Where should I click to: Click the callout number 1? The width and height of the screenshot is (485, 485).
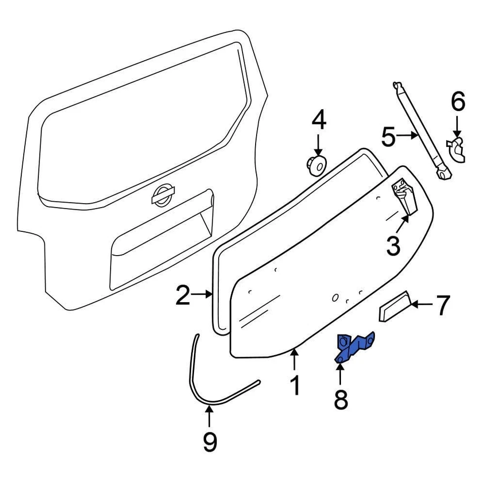[x=295, y=385]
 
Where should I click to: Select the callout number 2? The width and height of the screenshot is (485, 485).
[x=183, y=295]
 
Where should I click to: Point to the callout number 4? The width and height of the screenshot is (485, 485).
[x=318, y=121]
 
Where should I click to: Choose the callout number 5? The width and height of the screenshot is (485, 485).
[x=388, y=137]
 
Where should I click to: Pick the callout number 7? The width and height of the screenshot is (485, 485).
[x=442, y=306]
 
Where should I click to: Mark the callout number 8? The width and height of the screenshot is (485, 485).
[x=341, y=400]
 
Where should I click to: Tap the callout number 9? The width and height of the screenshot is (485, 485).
[x=210, y=442]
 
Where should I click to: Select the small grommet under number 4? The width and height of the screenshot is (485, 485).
[x=316, y=165]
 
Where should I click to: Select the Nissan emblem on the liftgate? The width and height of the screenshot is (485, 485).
[x=163, y=196]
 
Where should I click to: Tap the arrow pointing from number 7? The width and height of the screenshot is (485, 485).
[x=422, y=304]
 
